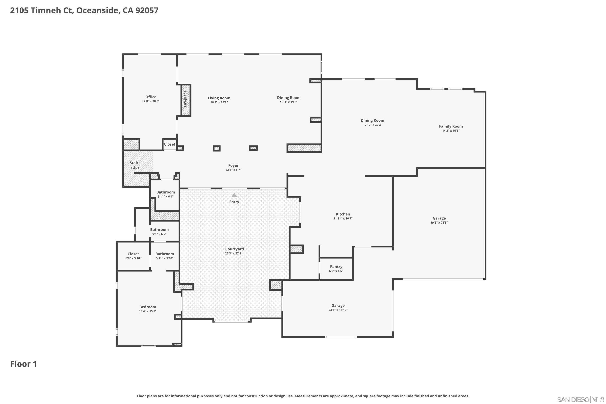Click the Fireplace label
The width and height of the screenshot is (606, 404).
coord(185,99)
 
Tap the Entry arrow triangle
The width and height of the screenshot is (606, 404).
coord(234,196)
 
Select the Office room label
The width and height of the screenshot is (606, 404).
coord(151,97)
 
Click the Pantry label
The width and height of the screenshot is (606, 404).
coord(336,267)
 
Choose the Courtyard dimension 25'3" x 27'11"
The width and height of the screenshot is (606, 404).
coord(235,253)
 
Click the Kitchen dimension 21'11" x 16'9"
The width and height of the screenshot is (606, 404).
coord(343,219)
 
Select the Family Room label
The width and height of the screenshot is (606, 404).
coord(451,126)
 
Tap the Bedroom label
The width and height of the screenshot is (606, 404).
coord(148,307)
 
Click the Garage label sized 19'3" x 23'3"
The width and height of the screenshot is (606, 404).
coord(439,218)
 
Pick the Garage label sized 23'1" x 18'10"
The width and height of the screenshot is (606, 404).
coord(338,306)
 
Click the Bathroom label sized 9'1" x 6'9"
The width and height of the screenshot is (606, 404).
coord(159,229)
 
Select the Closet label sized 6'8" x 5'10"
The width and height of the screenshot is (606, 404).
coord(133,254)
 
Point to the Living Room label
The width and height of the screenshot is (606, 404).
coord(219,98)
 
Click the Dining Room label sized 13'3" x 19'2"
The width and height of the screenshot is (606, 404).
coord(289,98)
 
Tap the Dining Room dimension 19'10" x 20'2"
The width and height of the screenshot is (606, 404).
coord(372,125)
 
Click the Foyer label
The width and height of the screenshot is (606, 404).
coord(233,165)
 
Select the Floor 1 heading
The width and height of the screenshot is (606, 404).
coord(23,364)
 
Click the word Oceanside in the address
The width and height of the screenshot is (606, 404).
coord(97,10)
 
